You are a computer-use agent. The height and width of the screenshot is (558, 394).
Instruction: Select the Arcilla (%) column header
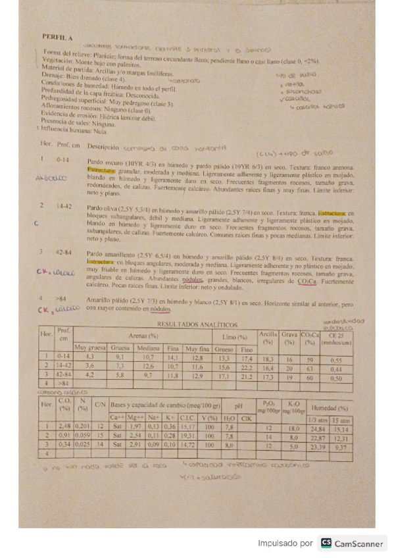[268, 337]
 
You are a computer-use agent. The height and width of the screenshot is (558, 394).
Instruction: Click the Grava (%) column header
[289, 337]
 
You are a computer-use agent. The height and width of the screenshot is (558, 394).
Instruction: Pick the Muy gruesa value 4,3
[90, 357]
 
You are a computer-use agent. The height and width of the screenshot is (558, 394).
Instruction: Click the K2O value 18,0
[294, 428]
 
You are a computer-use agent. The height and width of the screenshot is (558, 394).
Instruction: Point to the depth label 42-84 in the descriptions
[64, 252]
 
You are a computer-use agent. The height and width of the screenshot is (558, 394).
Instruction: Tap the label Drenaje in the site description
[53, 74]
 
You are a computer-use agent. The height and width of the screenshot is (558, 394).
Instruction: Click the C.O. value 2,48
[64, 427]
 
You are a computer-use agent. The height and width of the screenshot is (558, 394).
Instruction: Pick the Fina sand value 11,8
[173, 376]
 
